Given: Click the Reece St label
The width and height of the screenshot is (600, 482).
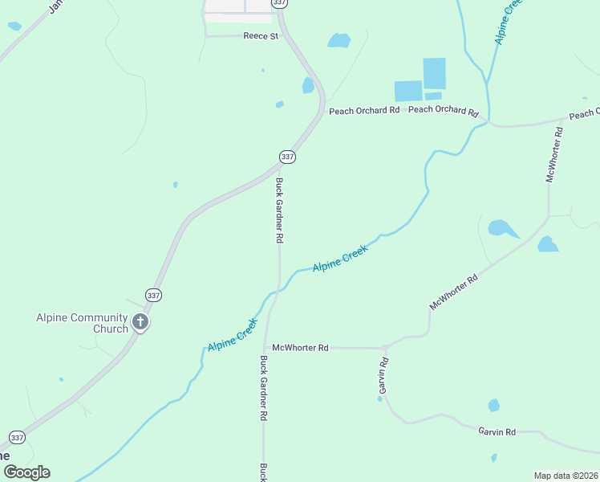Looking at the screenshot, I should pyautogui.click(x=260, y=36).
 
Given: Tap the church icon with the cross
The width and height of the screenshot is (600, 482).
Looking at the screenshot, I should pyautogui.click(x=140, y=323).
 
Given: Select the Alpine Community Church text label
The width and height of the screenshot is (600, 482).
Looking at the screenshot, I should pyautogui.click(x=82, y=323).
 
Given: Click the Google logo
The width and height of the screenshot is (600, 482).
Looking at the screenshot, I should pyautogui.click(x=26, y=472).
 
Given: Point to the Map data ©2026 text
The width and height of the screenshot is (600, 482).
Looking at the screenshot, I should pyautogui.click(x=566, y=476).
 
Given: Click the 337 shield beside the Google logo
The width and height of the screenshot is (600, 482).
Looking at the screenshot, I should pyautogui.click(x=18, y=438).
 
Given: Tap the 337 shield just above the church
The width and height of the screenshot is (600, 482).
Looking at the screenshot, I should pyautogui.click(x=153, y=295).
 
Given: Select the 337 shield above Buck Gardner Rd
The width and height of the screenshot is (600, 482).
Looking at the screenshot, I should pyautogui.click(x=287, y=156).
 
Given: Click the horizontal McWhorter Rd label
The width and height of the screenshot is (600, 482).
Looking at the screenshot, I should pyautogui.click(x=301, y=348).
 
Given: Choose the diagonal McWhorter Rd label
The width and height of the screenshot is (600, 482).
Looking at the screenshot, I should pyautogui.click(x=454, y=292).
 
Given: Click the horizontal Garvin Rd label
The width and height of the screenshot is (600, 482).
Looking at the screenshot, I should pyautogui.click(x=497, y=431).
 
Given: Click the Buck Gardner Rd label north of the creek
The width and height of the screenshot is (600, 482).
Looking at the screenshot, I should pyautogui.click(x=280, y=210).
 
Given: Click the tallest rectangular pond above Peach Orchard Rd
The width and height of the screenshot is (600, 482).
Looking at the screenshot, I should pyautogui.click(x=434, y=73).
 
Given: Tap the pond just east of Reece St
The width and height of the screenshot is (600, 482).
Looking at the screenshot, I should pyautogui.click(x=339, y=40).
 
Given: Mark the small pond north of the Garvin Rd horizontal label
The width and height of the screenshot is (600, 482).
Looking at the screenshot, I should pyautogui.click(x=494, y=406).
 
